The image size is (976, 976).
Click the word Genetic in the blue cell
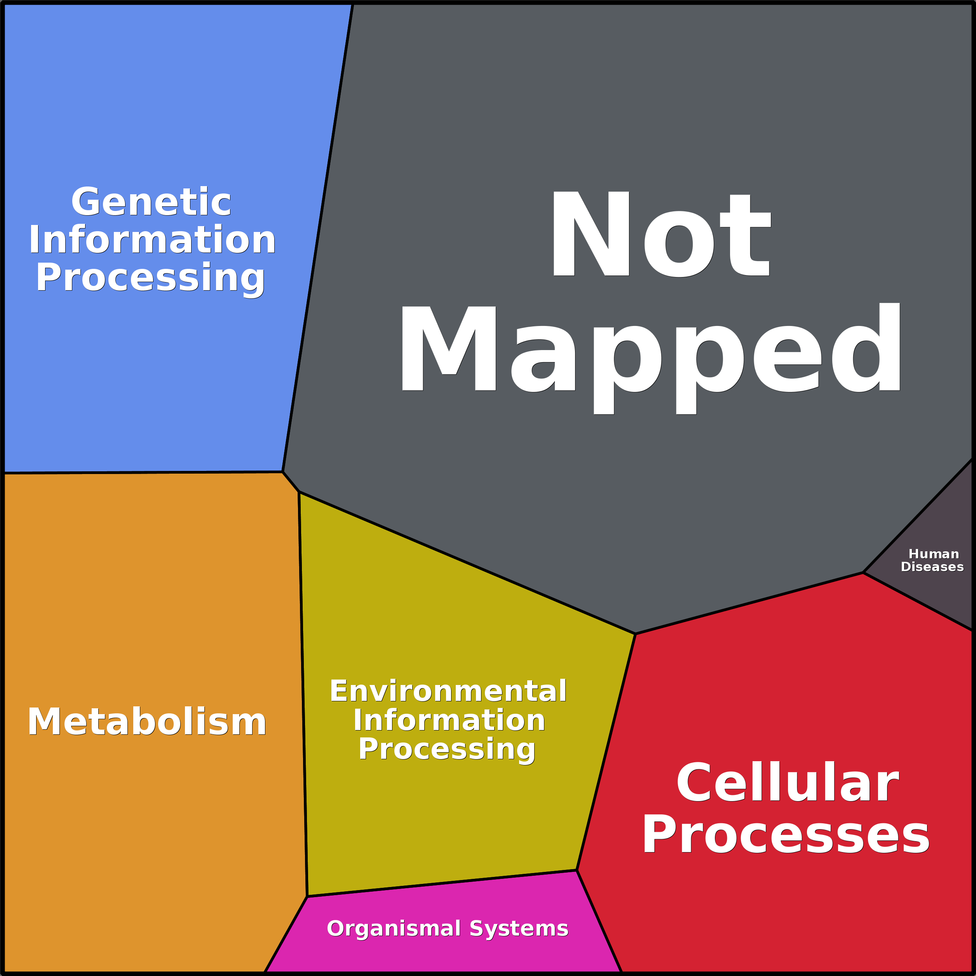click(x=151, y=202)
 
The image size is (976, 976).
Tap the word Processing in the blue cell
click(x=150, y=278)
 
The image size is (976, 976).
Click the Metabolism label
click(x=147, y=722)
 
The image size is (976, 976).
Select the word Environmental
click(x=448, y=691)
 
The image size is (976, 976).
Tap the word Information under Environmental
click(x=449, y=720)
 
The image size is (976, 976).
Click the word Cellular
click(x=788, y=783)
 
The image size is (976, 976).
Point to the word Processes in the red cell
click(x=786, y=836)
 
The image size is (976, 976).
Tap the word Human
click(x=934, y=554)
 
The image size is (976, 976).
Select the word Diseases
click(x=932, y=567)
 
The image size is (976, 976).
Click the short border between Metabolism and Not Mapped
click(x=291, y=481)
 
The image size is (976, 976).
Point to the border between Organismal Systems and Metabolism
click(x=286, y=934)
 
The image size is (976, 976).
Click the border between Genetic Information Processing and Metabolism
click(x=141, y=472)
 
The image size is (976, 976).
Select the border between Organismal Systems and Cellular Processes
click(x=599, y=920)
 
